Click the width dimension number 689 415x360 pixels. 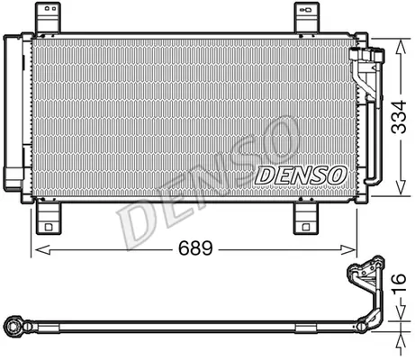point(195,248)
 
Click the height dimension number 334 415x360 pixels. point(400,117)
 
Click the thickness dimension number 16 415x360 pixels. point(399,283)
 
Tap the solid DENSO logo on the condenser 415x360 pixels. point(301,175)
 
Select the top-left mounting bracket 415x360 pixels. point(48,17)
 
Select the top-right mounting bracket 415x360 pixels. point(306,17)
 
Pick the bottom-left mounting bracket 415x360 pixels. point(49,218)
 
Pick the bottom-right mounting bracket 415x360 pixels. point(306,218)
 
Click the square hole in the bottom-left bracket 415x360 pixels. point(49,227)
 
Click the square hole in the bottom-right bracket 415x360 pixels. point(306,227)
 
